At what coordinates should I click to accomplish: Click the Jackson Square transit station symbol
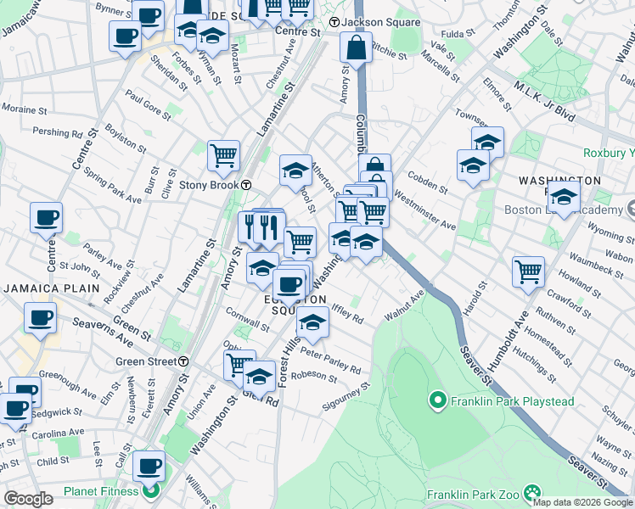[x=334, y=22]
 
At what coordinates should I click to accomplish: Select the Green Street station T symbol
[x=183, y=361]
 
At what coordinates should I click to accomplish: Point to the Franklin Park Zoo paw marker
[x=532, y=493]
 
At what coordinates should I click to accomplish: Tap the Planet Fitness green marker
[x=151, y=490]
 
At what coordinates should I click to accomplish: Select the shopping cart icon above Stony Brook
[x=223, y=155]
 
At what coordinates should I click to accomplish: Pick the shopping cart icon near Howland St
[x=528, y=271]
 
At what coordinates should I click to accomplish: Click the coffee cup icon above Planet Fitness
[x=149, y=466]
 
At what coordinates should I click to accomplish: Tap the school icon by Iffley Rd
[x=312, y=322]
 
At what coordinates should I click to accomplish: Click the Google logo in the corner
[x=29, y=498]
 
